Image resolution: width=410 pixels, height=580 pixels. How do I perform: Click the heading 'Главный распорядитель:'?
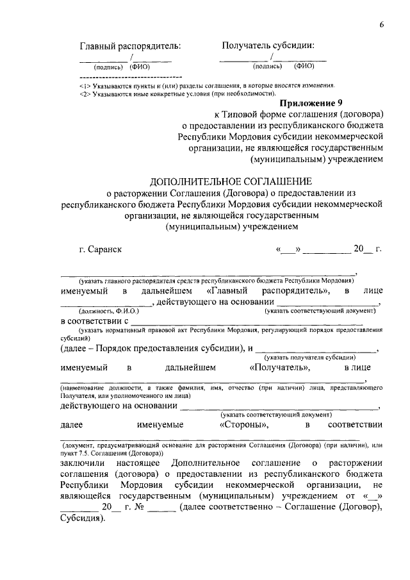tap(130, 46)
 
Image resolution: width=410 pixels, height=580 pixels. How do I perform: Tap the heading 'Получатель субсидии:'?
tap(268, 46)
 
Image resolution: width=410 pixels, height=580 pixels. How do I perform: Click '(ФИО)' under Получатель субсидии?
tap(304, 65)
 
